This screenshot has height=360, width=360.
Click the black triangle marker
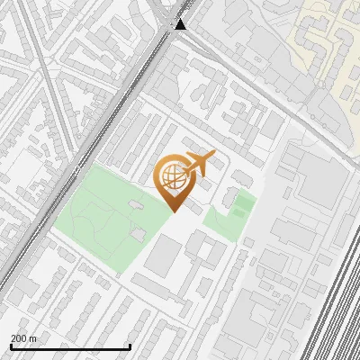pos(181,24)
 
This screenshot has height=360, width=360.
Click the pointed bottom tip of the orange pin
pos(173,211)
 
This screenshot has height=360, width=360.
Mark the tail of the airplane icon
pos(186,171)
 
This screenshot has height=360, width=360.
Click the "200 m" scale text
pos(24,337)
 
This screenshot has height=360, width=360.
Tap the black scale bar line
pos(70,346)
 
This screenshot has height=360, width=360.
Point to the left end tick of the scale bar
pos(11,346)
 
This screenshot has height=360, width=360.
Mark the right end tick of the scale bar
pos(130,346)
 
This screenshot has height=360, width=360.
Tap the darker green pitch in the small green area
pos(240,206)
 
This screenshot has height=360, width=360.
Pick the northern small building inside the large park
pos(134,206)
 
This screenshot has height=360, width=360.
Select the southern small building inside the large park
pos(138,234)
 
